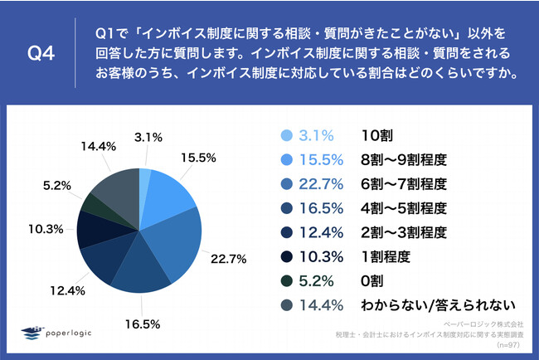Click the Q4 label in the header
point(41,55)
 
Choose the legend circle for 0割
point(286,280)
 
